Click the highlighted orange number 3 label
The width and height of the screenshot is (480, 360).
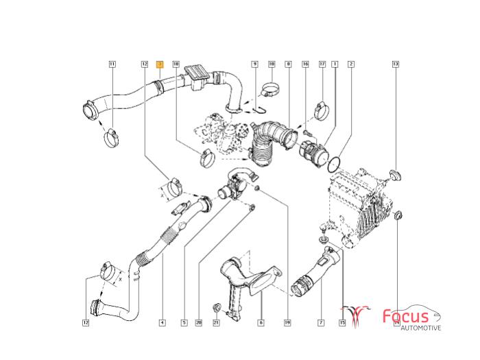[x=160, y=64]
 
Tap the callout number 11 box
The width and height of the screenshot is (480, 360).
[x=112, y=64]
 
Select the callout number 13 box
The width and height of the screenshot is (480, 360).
[x=395, y=64]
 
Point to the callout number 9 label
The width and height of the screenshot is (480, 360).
[x=254, y=64]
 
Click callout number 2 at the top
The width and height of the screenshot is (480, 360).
[x=351, y=64]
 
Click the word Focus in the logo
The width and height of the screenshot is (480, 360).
[x=405, y=316]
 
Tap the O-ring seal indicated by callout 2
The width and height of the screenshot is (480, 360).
[x=335, y=164]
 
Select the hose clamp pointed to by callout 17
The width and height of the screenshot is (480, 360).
[x=321, y=108]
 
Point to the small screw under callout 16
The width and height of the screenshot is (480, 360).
[x=306, y=128]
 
